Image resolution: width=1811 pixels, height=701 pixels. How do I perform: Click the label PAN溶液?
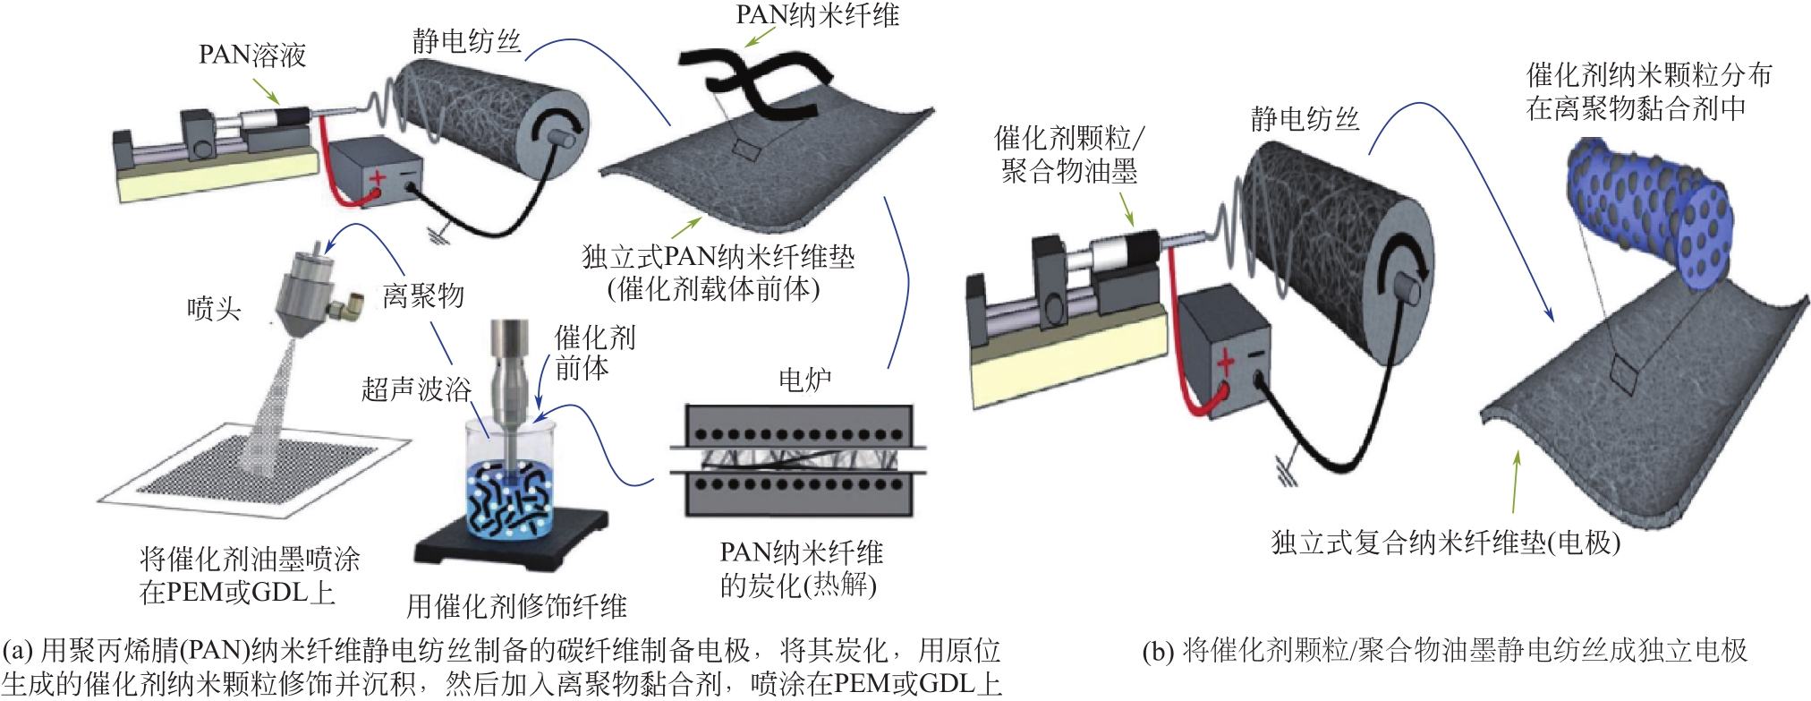click(x=252, y=56)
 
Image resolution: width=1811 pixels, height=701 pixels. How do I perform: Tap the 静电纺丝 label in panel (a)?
click(x=466, y=41)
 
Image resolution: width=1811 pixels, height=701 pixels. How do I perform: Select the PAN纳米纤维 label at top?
click(x=817, y=15)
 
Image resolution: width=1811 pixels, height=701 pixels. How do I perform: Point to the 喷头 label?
click(x=214, y=309)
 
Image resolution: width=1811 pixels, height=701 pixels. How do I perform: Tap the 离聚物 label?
click(x=423, y=295)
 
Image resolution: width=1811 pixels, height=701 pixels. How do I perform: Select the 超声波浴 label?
click(x=416, y=389)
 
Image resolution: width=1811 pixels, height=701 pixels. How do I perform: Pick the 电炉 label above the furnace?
click(x=805, y=380)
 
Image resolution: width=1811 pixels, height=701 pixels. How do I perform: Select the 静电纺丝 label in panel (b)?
click(x=1305, y=119)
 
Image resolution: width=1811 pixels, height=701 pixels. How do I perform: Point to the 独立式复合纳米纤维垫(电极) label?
click(x=1445, y=543)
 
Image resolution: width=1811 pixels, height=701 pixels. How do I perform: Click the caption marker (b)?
click(x=1158, y=652)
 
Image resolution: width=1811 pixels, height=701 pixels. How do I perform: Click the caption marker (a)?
click(x=19, y=651)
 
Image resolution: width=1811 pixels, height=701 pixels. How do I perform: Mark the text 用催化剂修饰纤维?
click(x=516, y=606)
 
